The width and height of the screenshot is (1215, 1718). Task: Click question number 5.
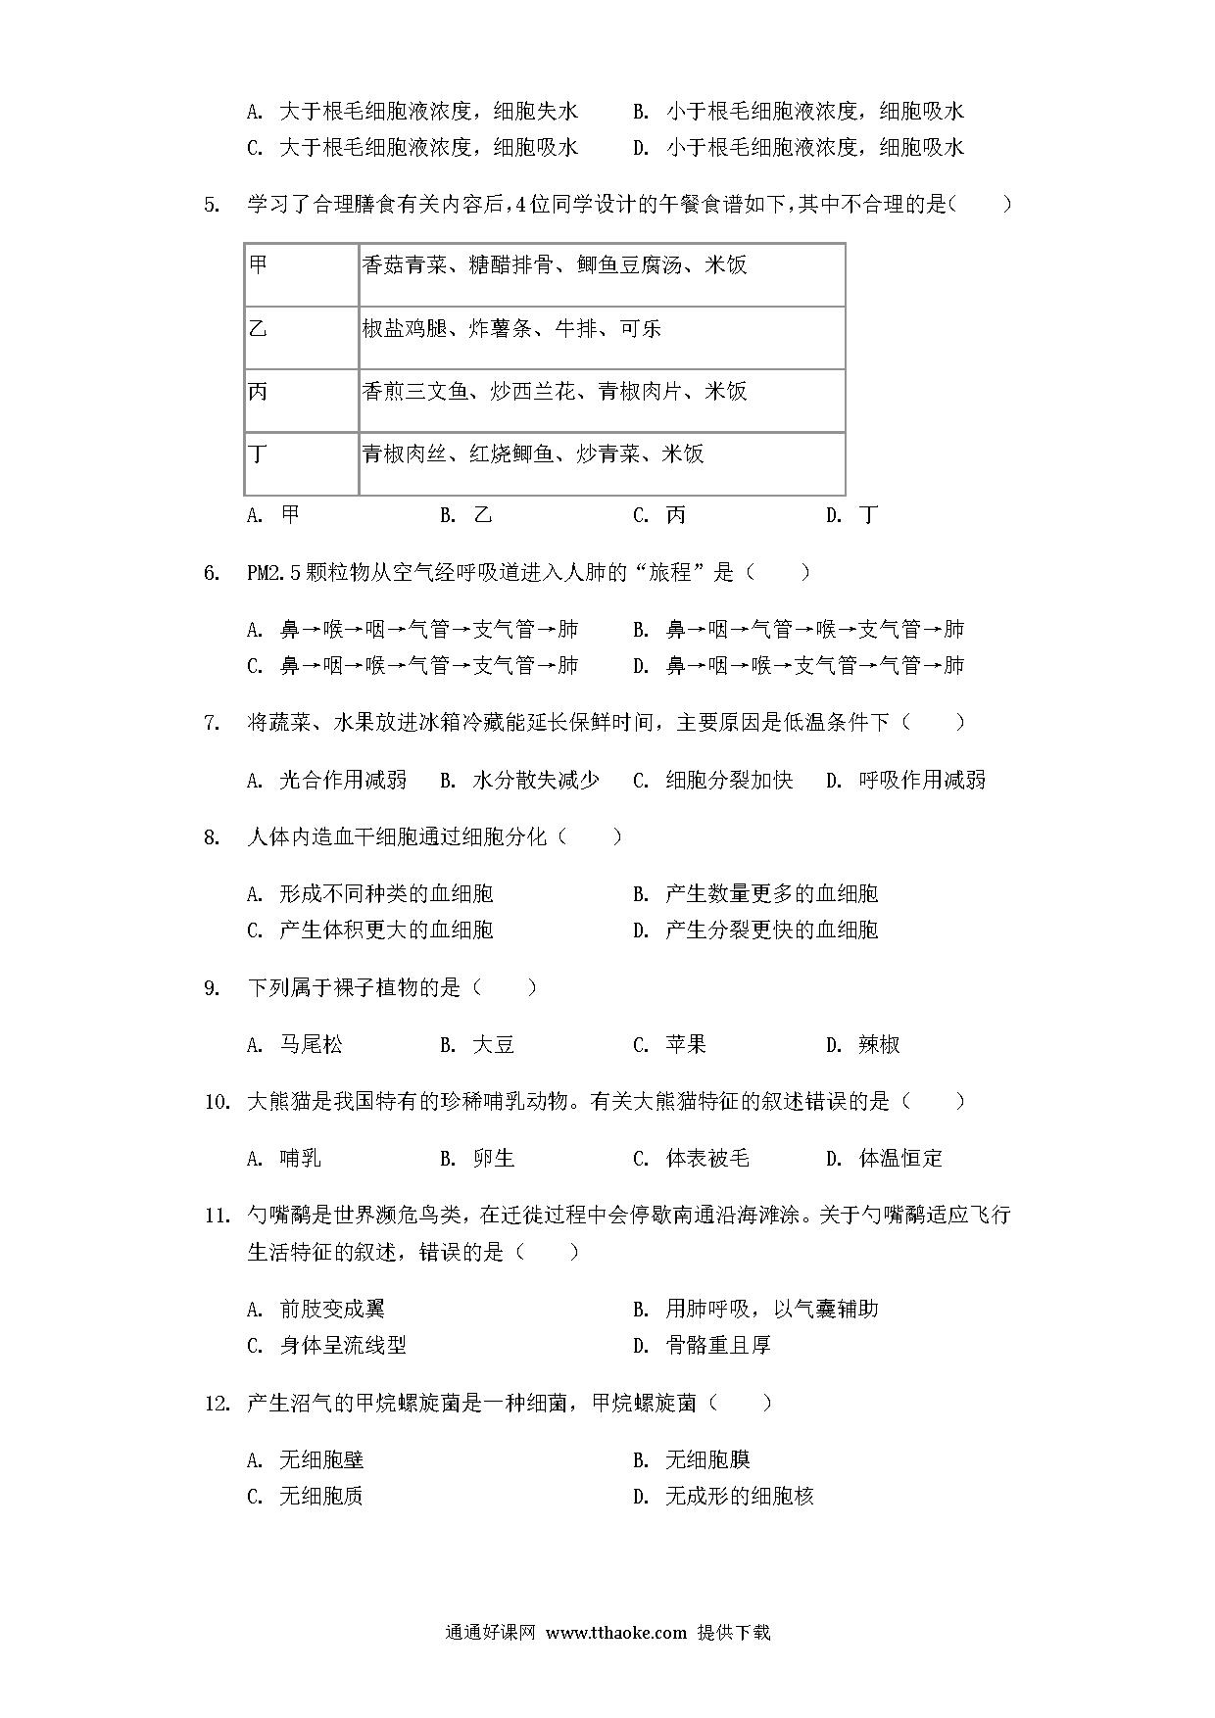pyautogui.click(x=211, y=205)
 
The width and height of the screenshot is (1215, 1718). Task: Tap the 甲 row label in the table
pyautogui.click(x=259, y=265)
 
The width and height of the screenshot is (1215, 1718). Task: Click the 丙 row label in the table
pyautogui.click(x=259, y=392)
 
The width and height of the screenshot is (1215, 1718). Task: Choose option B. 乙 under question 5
pyautogui.click(x=466, y=515)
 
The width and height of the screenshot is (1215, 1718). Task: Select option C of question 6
pyautogui.click(x=413, y=666)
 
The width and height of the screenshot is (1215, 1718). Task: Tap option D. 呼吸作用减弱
pyautogui.click(x=905, y=780)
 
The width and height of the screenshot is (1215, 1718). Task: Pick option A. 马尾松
pyautogui.click(x=295, y=1045)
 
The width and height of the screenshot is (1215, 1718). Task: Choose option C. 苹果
pyautogui.click(x=669, y=1045)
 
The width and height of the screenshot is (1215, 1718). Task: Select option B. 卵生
pyautogui.click(x=477, y=1159)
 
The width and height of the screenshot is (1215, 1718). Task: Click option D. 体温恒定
pyautogui.click(x=884, y=1159)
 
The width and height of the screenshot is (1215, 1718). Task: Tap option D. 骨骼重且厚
pyautogui.click(x=702, y=1346)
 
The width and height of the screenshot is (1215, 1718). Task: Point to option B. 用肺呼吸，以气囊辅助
pyautogui.click(x=755, y=1310)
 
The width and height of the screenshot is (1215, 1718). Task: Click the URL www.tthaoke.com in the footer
pyautogui.click(x=615, y=1633)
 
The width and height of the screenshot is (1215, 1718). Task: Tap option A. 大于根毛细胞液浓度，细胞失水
pyautogui.click(x=413, y=112)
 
